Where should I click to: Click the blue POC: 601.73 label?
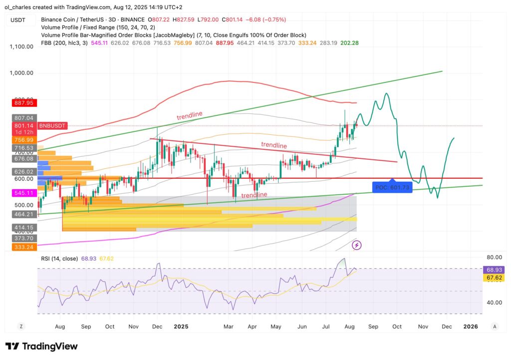tap(392, 187)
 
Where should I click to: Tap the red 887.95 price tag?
tap(21, 103)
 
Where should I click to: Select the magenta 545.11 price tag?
tap(21, 192)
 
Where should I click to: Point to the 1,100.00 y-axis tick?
tap(21, 46)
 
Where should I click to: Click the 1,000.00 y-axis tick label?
tap(21, 73)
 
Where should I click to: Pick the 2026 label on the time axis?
tap(471, 327)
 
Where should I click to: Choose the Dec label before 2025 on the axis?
tap(157, 327)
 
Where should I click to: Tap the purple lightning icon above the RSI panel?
tap(357, 245)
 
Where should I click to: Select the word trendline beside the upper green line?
tap(190, 115)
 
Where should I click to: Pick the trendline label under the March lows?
tap(254, 195)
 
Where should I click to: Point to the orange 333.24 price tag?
tap(21, 247)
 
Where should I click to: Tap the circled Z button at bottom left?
tap(21, 326)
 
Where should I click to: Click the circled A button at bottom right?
tap(494, 326)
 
